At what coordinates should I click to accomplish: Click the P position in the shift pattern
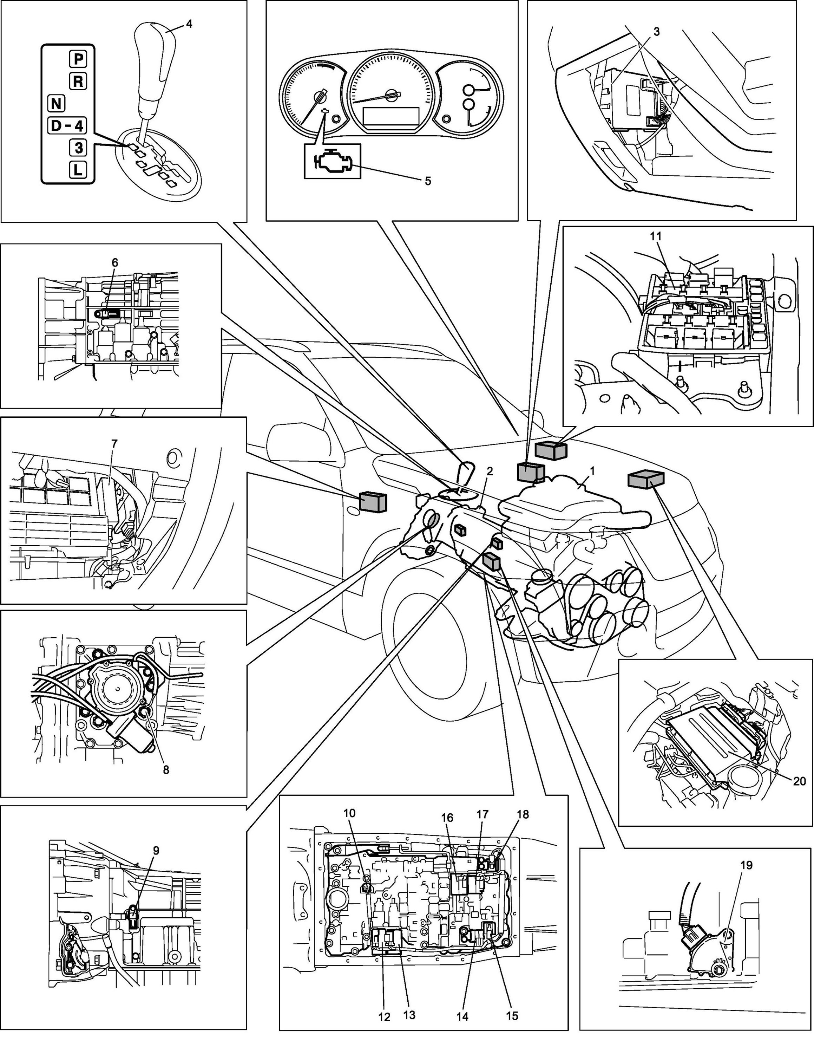[x=78, y=59]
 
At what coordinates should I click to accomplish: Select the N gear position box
[x=57, y=103]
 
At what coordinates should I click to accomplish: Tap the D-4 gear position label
[x=67, y=126]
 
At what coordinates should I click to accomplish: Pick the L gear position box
[x=78, y=169]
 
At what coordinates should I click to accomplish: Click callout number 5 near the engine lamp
[x=427, y=181]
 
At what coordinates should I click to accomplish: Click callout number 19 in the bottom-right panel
[x=746, y=865]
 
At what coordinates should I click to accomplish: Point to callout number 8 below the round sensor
[x=166, y=769]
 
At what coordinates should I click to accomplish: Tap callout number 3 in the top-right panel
[x=656, y=32]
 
